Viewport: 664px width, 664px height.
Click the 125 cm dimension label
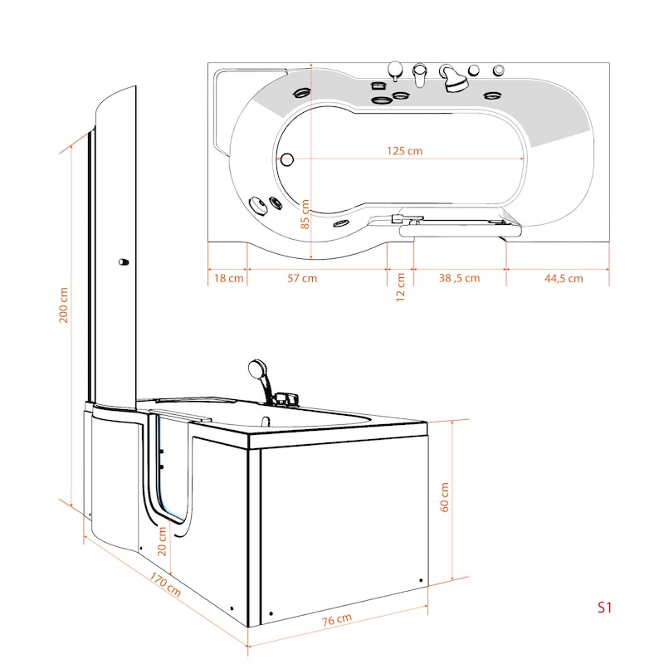coord(404,151)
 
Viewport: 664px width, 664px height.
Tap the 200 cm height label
coord(64,305)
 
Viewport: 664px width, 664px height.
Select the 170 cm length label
coord(165,584)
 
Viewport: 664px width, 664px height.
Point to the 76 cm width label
coord(337,619)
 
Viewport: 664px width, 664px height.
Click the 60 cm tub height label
coord(444,497)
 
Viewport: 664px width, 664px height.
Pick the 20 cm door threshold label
coord(162,541)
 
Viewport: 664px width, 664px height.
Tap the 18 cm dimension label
coord(229,278)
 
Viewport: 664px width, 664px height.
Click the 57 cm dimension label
coord(302,278)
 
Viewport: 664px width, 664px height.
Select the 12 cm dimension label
coord(400,286)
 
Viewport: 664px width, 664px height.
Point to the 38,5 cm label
coord(460,278)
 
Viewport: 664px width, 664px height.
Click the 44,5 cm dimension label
coord(564,279)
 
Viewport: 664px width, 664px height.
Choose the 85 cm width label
coord(305,214)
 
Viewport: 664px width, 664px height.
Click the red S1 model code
coord(604,608)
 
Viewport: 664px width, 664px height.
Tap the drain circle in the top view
coord(287,159)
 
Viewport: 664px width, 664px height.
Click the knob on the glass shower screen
coord(123,262)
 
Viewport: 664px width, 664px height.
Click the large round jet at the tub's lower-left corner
coord(258,204)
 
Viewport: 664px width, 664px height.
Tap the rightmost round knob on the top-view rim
coord(499,70)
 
